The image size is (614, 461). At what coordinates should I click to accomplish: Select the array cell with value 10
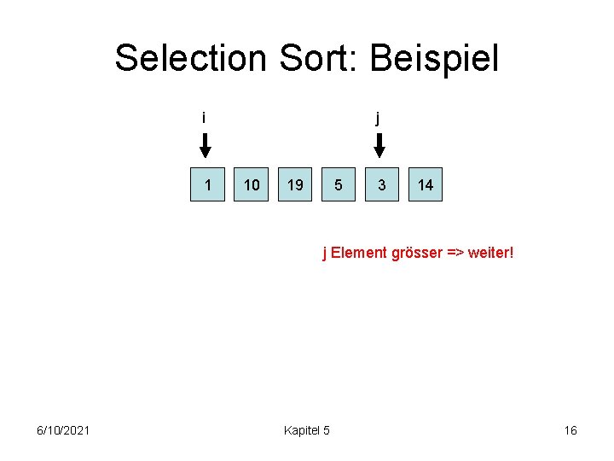click(252, 185)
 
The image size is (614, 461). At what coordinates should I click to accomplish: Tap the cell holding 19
click(295, 185)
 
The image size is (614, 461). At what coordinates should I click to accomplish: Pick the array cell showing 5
click(339, 185)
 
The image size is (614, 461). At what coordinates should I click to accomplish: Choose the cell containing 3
click(382, 185)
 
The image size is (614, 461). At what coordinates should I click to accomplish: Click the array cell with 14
click(426, 185)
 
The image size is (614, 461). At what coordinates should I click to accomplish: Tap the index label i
click(204, 118)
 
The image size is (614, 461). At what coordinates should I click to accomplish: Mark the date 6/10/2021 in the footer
click(64, 430)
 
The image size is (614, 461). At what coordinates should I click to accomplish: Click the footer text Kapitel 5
click(306, 430)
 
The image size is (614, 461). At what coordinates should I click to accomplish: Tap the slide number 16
click(571, 430)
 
